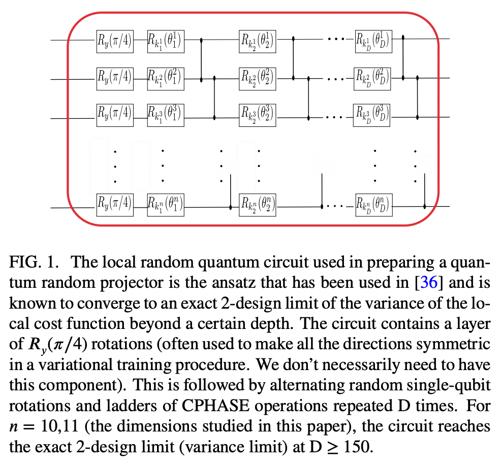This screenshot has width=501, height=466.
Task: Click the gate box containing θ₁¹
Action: (165, 41)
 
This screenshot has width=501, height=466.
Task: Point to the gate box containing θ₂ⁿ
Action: (258, 205)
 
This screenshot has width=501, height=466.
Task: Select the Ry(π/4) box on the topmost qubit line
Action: (114, 41)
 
